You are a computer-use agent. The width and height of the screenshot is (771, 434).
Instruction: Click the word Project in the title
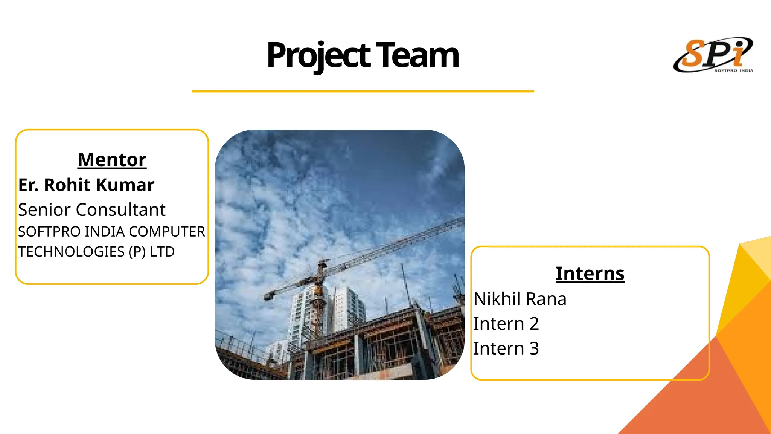[318, 56]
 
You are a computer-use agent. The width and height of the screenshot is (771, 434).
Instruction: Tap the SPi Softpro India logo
[713, 55]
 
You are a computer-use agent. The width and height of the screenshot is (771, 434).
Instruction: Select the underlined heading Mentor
[112, 159]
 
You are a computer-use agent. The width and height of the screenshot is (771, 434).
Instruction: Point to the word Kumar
[125, 185]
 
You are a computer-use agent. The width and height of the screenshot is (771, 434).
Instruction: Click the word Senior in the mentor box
[44, 210]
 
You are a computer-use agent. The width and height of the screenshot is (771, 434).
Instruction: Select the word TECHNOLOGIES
[71, 252]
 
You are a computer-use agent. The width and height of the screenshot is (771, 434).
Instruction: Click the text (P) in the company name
[137, 252]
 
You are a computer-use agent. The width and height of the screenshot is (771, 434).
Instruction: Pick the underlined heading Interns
[590, 274]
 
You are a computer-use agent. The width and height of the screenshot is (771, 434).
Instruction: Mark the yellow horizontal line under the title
[363, 91]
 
